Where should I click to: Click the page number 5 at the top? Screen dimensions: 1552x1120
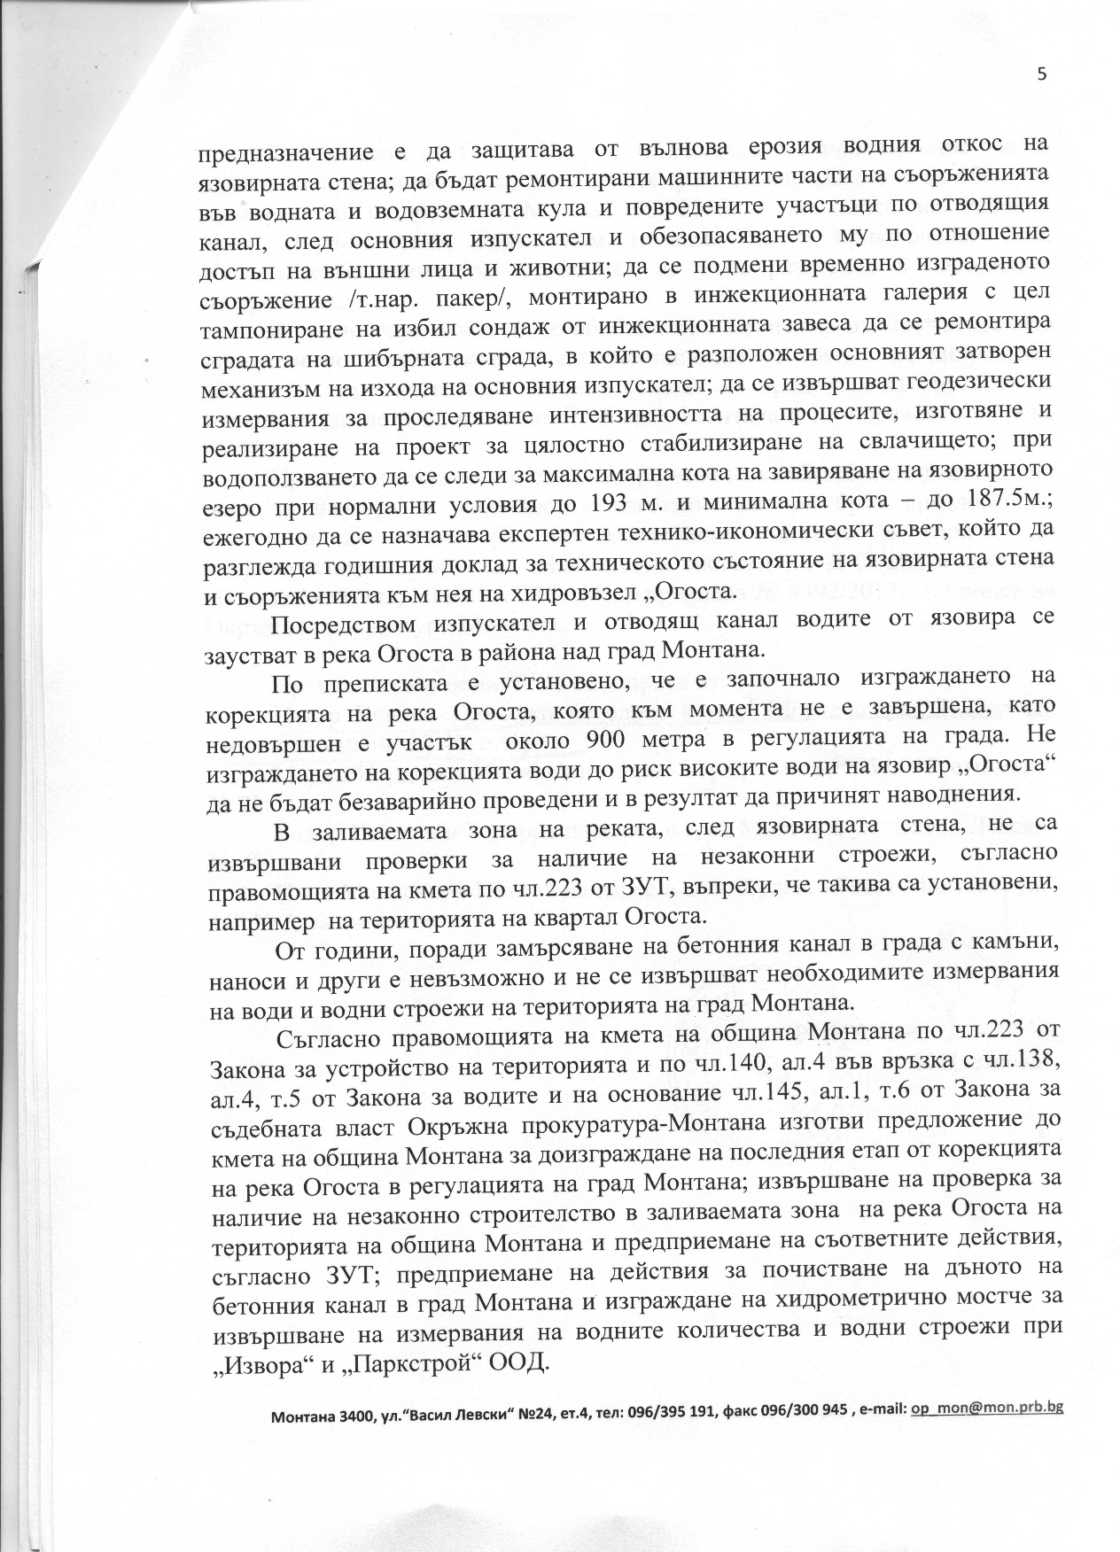[x=1041, y=74]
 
